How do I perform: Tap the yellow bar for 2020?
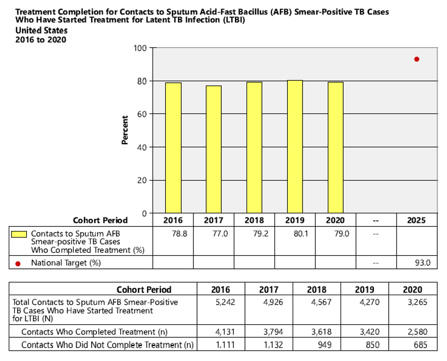[336, 148]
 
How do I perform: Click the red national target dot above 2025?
[417, 59]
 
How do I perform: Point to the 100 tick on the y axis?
[139, 48]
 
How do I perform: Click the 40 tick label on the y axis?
[141, 147]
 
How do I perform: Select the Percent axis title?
[125, 130]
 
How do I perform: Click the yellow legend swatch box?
[20, 234]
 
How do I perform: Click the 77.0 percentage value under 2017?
[213, 233]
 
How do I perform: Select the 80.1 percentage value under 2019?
[294, 233]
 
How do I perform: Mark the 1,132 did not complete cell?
[267, 345]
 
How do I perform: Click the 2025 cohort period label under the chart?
[417, 221]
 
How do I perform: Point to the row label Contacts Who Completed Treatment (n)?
[93, 332]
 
